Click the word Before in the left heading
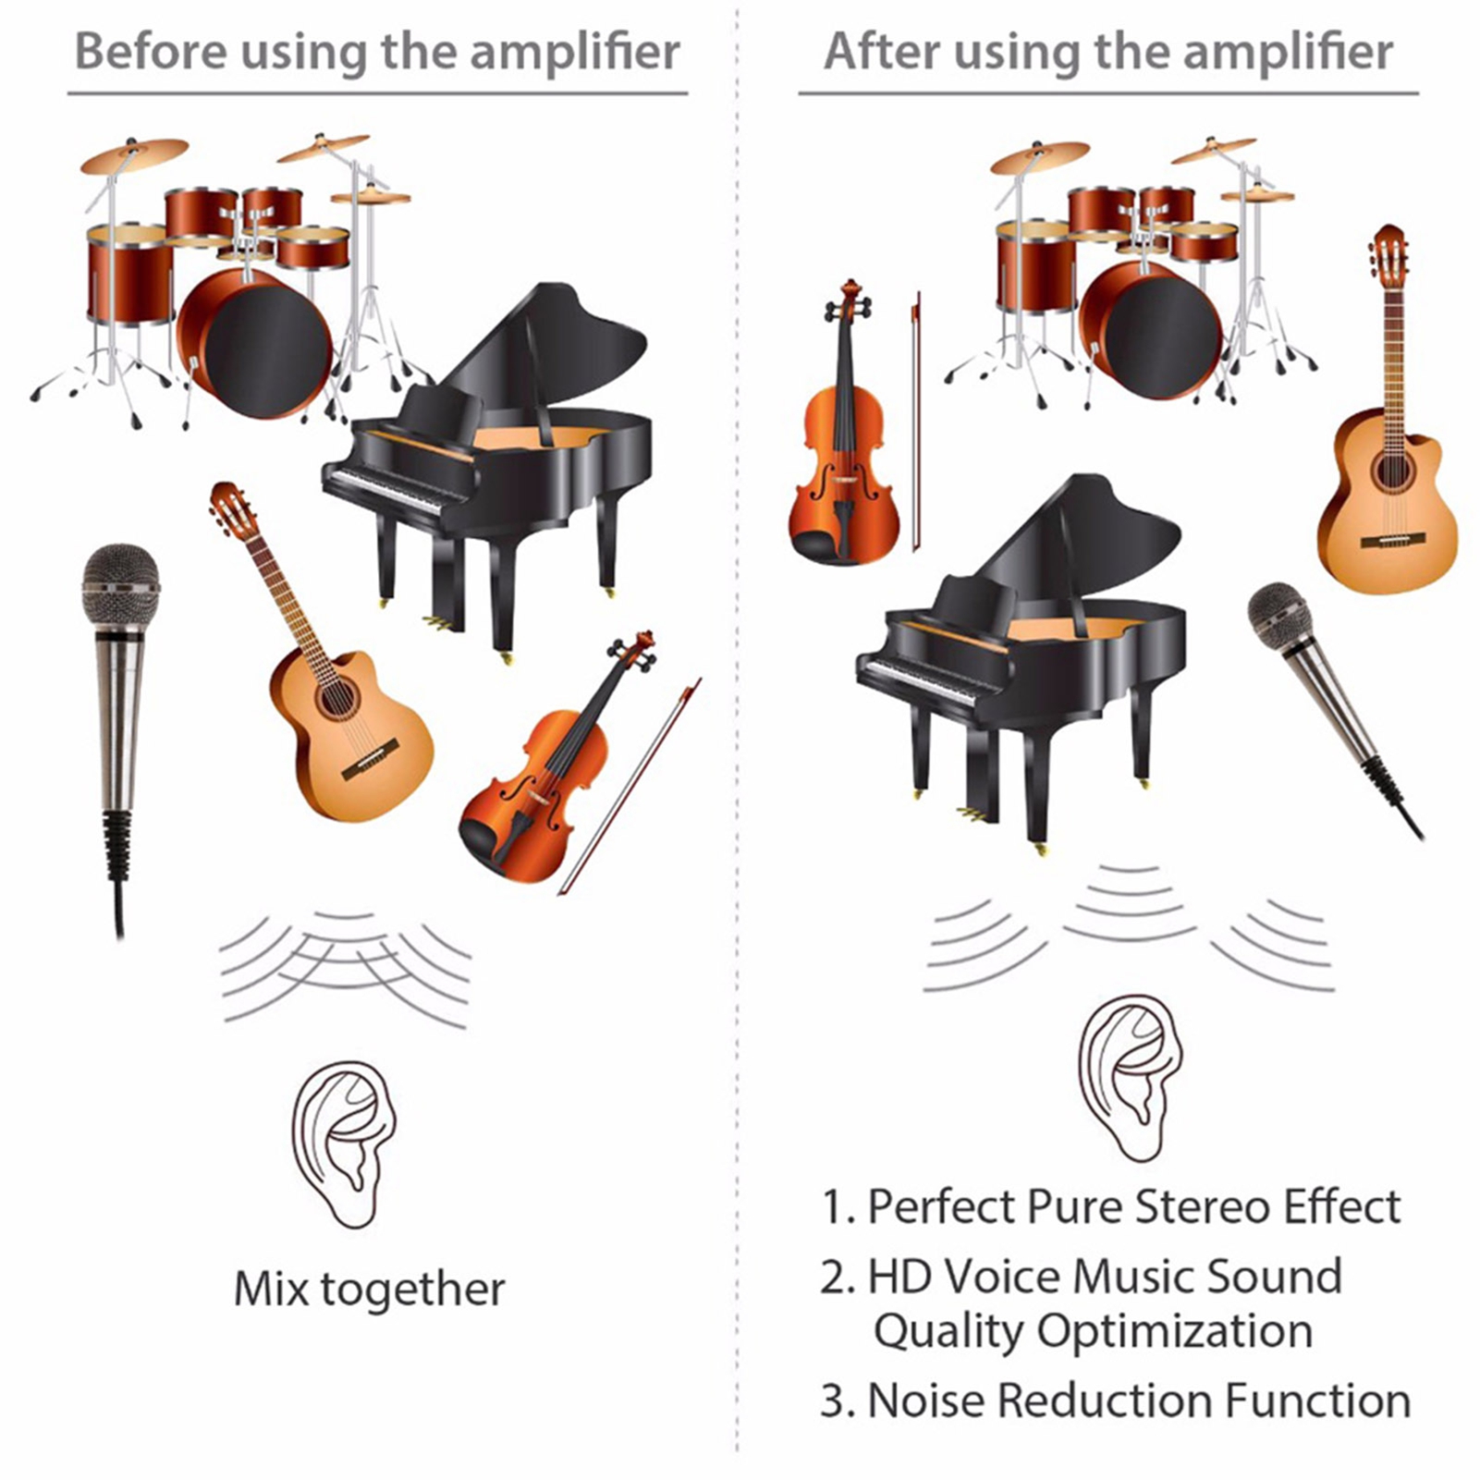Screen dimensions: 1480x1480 (x=150, y=51)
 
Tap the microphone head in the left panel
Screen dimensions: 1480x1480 (x=120, y=586)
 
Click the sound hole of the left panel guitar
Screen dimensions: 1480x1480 (x=335, y=699)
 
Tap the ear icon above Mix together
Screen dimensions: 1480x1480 (x=344, y=1144)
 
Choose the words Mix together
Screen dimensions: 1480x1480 (x=369, y=1290)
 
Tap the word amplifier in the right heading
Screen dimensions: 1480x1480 (x=1288, y=53)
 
